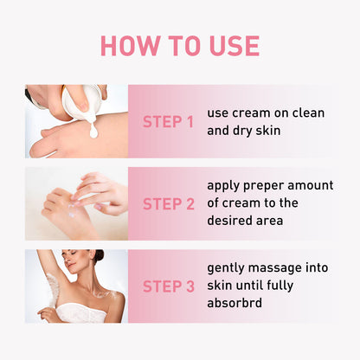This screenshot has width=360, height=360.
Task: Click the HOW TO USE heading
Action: (x=180, y=46)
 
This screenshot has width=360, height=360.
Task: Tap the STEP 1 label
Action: (x=168, y=122)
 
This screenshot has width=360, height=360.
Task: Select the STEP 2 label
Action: (x=168, y=204)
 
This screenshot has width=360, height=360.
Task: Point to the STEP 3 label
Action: (x=168, y=286)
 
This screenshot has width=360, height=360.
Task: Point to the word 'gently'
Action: (x=228, y=268)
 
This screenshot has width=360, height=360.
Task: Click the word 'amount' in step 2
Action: (x=312, y=186)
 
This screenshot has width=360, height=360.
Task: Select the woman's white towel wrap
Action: (x=82, y=313)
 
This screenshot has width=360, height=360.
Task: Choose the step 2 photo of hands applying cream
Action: (x=76, y=204)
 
